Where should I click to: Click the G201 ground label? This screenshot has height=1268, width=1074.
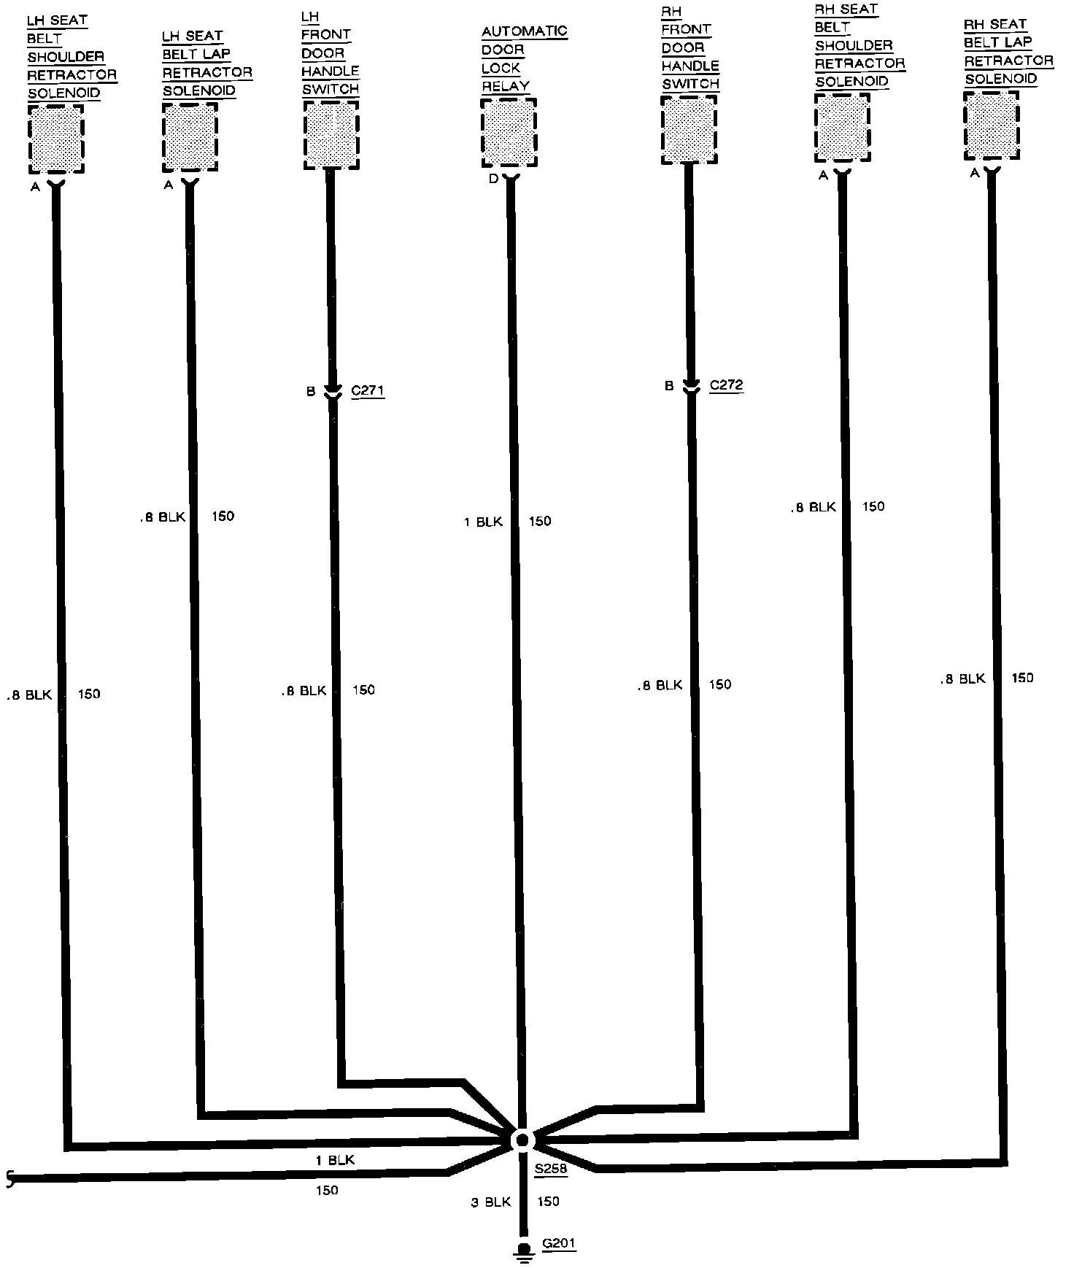[559, 1244]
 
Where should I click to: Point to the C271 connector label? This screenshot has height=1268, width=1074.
[367, 390]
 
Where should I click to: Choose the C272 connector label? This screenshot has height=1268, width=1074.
[726, 384]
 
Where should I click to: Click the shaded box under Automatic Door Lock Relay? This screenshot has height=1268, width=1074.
[509, 133]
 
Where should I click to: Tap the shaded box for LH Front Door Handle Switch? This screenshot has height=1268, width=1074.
[331, 135]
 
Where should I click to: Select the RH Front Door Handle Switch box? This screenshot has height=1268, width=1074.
[689, 130]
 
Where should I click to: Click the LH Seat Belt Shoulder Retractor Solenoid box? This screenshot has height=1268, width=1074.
[56, 139]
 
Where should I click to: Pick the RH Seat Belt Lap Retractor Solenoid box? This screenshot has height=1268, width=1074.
[991, 125]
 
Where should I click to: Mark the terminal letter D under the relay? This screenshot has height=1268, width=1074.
[494, 179]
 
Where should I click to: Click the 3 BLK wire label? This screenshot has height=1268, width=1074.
[491, 1202]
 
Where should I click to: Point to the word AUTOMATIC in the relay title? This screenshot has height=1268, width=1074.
[524, 32]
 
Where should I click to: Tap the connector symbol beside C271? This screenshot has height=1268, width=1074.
[332, 392]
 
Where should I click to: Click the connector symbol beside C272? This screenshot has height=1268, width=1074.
[690, 387]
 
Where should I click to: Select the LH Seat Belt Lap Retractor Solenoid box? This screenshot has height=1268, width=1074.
[190, 136]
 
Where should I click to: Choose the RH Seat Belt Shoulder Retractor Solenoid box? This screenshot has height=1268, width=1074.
[842, 128]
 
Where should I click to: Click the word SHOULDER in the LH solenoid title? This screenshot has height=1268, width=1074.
[66, 57]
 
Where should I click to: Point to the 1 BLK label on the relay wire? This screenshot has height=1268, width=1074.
[483, 522]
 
